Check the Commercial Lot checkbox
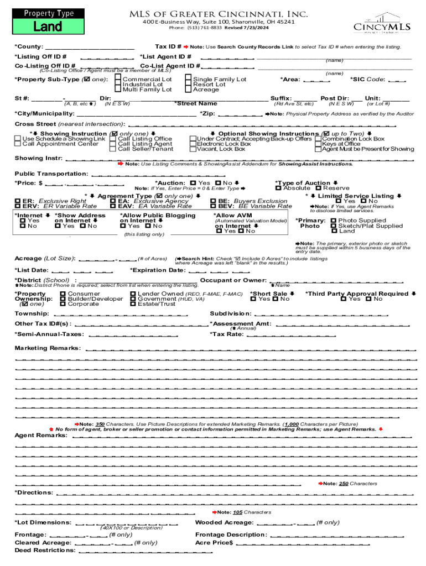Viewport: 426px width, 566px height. pos(118,80)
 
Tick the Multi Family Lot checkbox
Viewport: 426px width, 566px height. pos(118,90)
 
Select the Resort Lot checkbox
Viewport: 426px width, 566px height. pos(188,85)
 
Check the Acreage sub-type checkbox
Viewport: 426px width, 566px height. pos(188,90)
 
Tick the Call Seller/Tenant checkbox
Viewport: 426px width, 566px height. pos(113,149)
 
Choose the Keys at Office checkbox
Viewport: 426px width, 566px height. pos(318,144)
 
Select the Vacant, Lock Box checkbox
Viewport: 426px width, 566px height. pos(193,149)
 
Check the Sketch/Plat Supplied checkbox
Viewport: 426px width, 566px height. pos(333,226)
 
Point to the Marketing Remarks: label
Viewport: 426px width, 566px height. pos(47,348)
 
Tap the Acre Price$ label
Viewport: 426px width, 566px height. pos(214,543)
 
